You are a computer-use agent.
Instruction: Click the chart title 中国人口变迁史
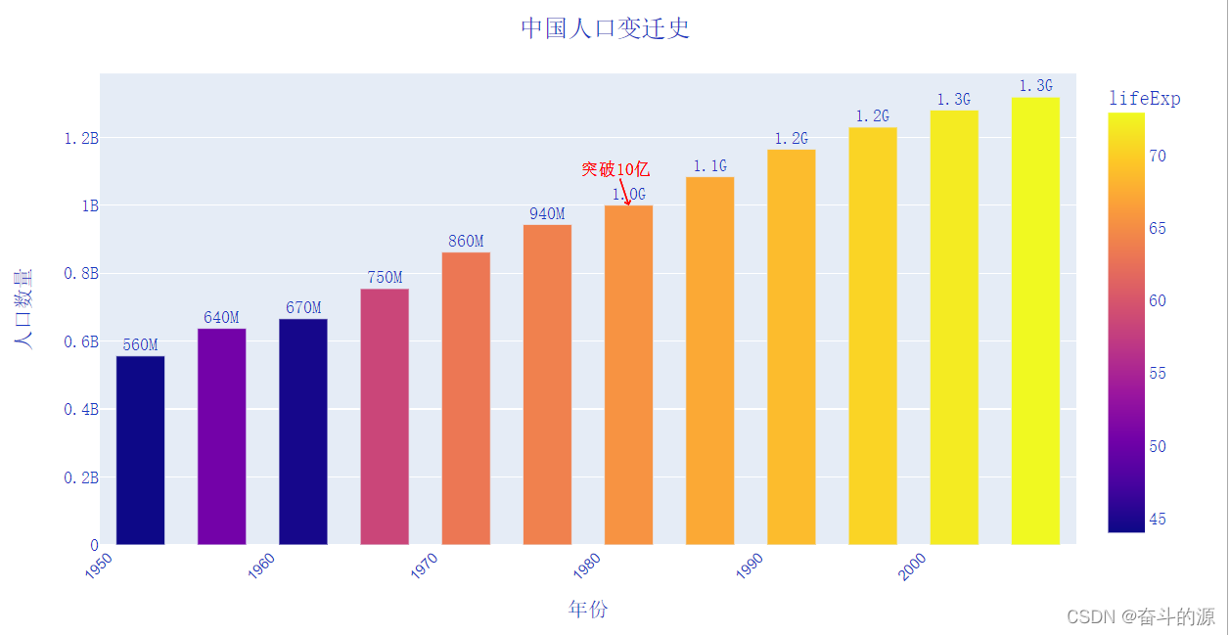pos(605,28)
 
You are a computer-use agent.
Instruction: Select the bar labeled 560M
pos(140,450)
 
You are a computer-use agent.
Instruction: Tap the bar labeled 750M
pos(385,416)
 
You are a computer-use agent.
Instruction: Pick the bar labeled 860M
pos(466,398)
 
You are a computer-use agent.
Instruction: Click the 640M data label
pos(221,318)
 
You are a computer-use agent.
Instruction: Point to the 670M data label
pos(303,308)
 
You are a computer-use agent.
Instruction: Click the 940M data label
pos(547,214)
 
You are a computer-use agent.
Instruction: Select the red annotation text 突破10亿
pos(615,169)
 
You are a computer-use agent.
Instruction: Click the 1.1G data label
pos(710,166)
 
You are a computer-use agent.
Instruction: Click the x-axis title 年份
pos(587,610)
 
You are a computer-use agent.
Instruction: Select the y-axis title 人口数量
pos(23,308)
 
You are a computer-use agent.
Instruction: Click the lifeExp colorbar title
pos(1144,99)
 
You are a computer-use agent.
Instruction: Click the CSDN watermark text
pos(1140,616)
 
